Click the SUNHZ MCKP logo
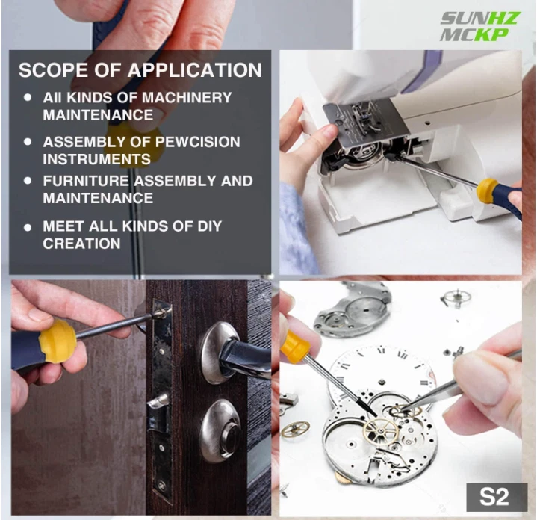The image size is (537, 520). coord(480,26)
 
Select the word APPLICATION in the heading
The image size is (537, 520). coord(194,70)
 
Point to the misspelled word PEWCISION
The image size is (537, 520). coord(198,142)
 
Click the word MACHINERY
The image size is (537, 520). coord(187,98)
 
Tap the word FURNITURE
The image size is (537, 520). coord(86,181)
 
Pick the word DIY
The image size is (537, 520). coord(210,226)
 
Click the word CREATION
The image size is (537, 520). coord(82,244)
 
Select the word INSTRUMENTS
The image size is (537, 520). coord(97,159)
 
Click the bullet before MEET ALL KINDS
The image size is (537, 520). coord(28,227)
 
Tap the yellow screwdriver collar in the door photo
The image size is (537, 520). coord(57,341)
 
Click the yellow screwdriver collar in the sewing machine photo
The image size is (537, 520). coord(487,191)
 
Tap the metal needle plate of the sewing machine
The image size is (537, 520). coord(364,128)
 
